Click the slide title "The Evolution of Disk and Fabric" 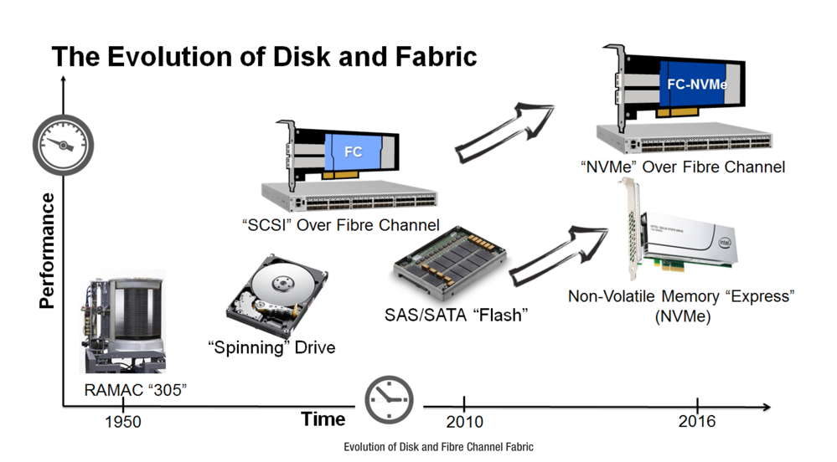264,56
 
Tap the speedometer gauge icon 63,144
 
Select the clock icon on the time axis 389,400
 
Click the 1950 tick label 123,422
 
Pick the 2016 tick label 697,421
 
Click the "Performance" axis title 47,250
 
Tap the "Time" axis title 323,419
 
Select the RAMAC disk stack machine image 123,322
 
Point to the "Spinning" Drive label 271,346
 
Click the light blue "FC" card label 354,153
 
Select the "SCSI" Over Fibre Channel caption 339,224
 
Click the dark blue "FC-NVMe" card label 696,85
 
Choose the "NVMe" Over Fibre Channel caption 682,167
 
